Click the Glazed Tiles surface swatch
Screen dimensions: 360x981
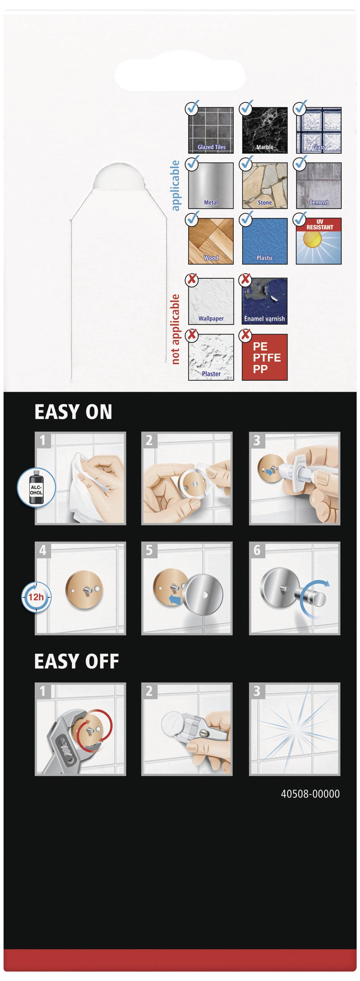click(x=211, y=130)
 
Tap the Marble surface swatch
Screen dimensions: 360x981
click(x=265, y=130)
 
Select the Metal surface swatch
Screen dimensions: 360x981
click(x=211, y=186)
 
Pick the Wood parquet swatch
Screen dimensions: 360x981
click(x=211, y=241)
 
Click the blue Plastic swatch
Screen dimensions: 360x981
click(x=265, y=241)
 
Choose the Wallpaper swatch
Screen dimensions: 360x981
click(x=211, y=301)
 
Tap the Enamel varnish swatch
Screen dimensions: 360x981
click(x=265, y=301)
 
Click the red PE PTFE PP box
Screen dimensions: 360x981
click(x=265, y=357)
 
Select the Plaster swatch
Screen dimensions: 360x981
click(x=211, y=357)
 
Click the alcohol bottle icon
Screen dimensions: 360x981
click(x=37, y=488)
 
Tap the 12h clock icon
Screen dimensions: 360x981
click(x=35, y=596)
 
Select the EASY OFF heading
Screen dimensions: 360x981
click(x=77, y=662)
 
